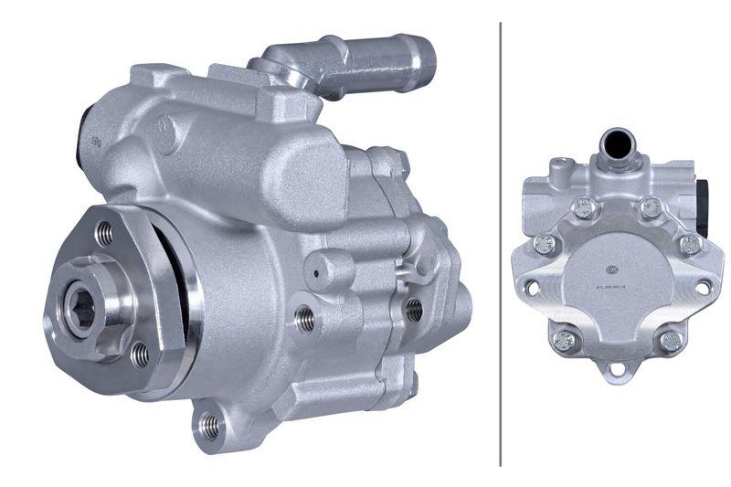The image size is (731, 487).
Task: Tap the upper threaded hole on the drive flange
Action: [105, 234]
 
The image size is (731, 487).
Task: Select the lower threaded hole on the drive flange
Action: [139, 354]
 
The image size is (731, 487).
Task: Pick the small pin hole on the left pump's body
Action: [316, 272]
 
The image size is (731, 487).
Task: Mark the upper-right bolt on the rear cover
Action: [651, 209]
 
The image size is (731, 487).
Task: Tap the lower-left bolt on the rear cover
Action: [564, 342]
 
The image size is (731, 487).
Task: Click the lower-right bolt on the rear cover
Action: [672, 341]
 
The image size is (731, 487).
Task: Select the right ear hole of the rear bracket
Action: [703, 287]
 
